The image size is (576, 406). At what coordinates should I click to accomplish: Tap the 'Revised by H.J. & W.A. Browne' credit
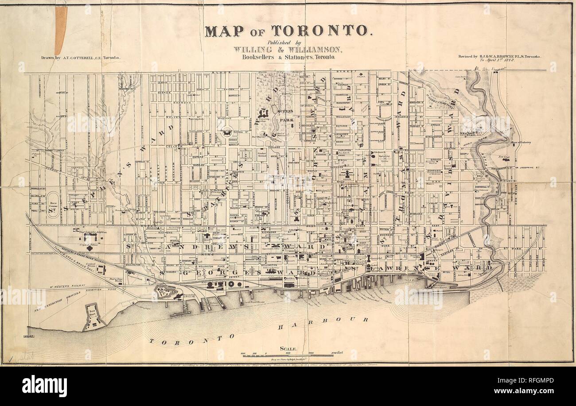coord(502,57)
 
